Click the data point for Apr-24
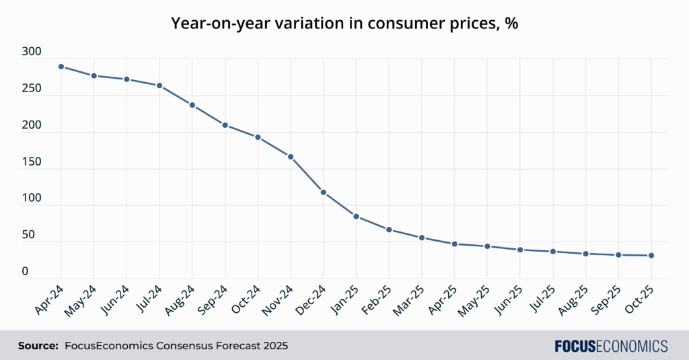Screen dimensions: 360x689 click(61, 67)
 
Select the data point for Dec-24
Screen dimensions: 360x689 click(324, 192)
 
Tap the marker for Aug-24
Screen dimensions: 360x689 click(192, 105)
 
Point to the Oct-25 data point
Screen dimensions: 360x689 click(651, 256)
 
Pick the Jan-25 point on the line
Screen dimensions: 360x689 click(356, 216)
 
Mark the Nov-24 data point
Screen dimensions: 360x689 click(291, 157)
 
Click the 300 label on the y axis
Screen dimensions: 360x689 click(31, 52)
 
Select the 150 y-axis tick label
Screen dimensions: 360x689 click(31, 161)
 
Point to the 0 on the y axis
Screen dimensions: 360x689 click(25, 271)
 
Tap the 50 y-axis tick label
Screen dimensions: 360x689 click(28, 235)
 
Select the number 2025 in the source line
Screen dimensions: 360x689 click(274, 346)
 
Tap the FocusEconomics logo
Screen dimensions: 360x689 click(611, 346)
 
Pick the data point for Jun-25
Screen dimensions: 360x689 click(520, 250)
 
